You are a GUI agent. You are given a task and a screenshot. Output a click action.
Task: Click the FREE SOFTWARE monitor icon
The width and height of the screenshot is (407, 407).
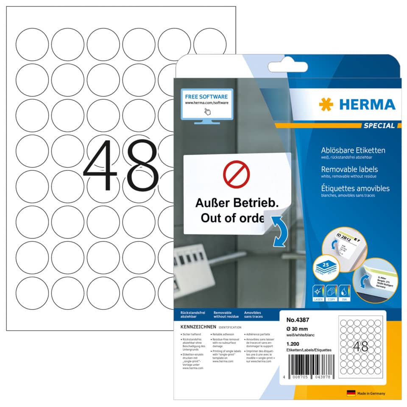click(206, 105)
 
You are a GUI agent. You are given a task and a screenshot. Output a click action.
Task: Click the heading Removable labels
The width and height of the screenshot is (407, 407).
click(350, 169)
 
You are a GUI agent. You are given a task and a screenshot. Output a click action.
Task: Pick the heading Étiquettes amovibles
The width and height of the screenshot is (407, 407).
click(355, 188)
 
